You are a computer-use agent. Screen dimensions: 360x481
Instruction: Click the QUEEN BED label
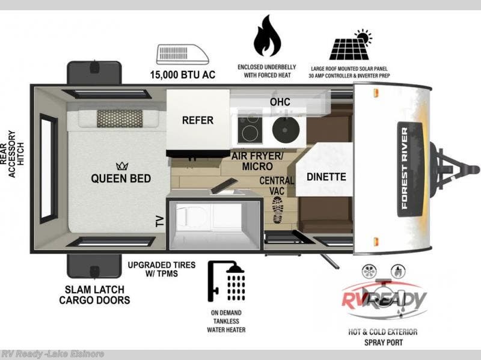pos(121,178)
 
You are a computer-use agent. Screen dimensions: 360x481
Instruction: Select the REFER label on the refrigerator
pos(198,120)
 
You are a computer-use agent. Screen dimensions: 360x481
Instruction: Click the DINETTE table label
pos(326,177)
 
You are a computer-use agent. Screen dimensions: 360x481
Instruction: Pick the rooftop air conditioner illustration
pos(183,53)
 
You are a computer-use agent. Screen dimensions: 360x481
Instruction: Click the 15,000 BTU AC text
pos(183,75)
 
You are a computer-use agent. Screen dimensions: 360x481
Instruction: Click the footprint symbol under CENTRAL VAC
pos(278,210)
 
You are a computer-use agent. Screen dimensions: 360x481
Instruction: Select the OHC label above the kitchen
pos(280,102)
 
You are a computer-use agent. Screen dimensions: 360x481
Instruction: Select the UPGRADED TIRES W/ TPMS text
pos(153,269)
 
